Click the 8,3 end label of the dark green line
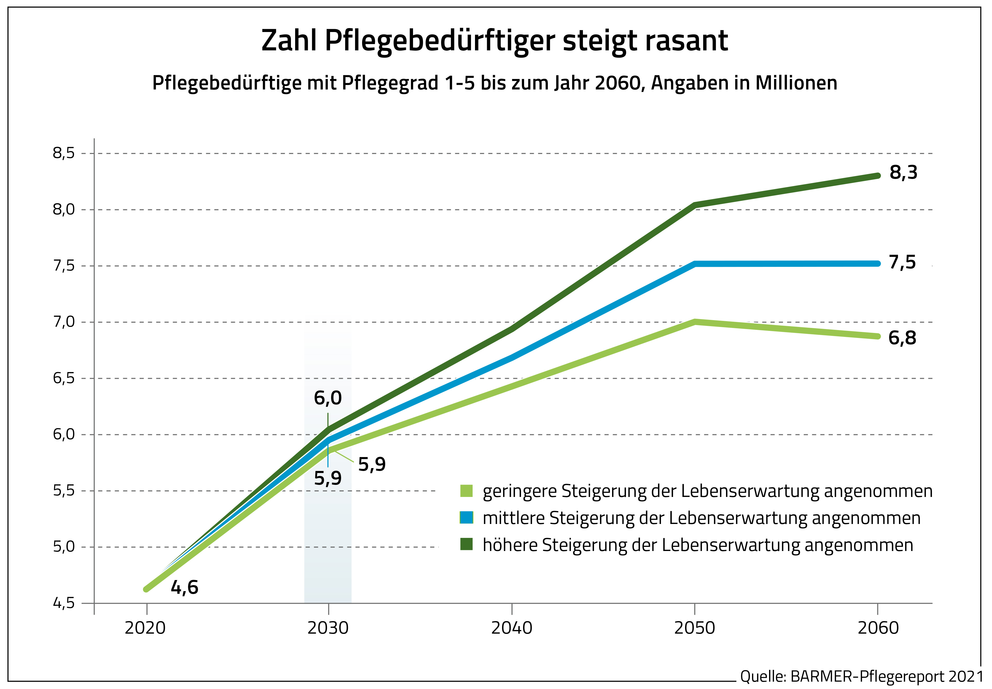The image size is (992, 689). (x=903, y=173)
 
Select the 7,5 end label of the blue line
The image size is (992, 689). (x=902, y=262)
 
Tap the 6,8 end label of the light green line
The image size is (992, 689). (x=902, y=338)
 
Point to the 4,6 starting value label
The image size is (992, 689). (x=185, y=587)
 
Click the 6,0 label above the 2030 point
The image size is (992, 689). (x=327, y=398)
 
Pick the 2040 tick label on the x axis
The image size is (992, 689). (x=511, y=628)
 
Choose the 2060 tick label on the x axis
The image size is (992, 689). (x=878, y=628)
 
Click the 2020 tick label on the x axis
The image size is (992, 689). (x=145, y=628)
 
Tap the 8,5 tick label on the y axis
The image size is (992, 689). (x=64, y=153)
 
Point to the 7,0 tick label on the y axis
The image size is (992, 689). (x=64, y=322)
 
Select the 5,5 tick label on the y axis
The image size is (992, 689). (x=64, y=491)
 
